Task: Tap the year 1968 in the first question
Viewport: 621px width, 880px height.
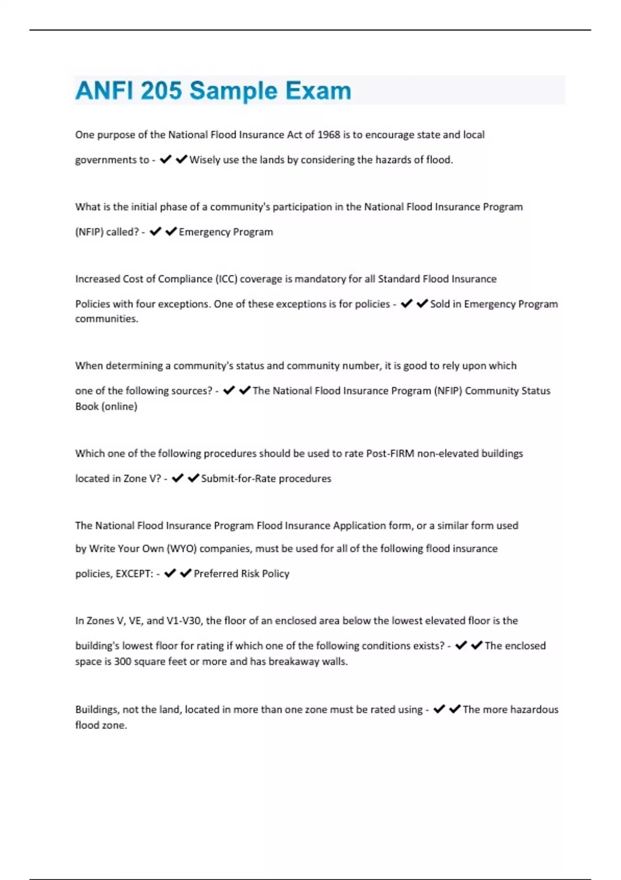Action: (329, 135)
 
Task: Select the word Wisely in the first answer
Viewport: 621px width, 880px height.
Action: (204, 160)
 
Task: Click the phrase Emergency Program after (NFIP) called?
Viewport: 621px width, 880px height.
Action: (226, 232)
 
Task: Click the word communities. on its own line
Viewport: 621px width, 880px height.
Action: (107, 319)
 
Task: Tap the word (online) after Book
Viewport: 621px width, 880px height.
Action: (120, 406)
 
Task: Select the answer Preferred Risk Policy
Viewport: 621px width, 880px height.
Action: (241, 574)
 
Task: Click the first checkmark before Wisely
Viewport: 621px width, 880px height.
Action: (166, 159)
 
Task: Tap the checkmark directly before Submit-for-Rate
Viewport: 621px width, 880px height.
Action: (193, 478)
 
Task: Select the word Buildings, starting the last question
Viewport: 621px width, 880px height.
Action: (97, 710)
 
